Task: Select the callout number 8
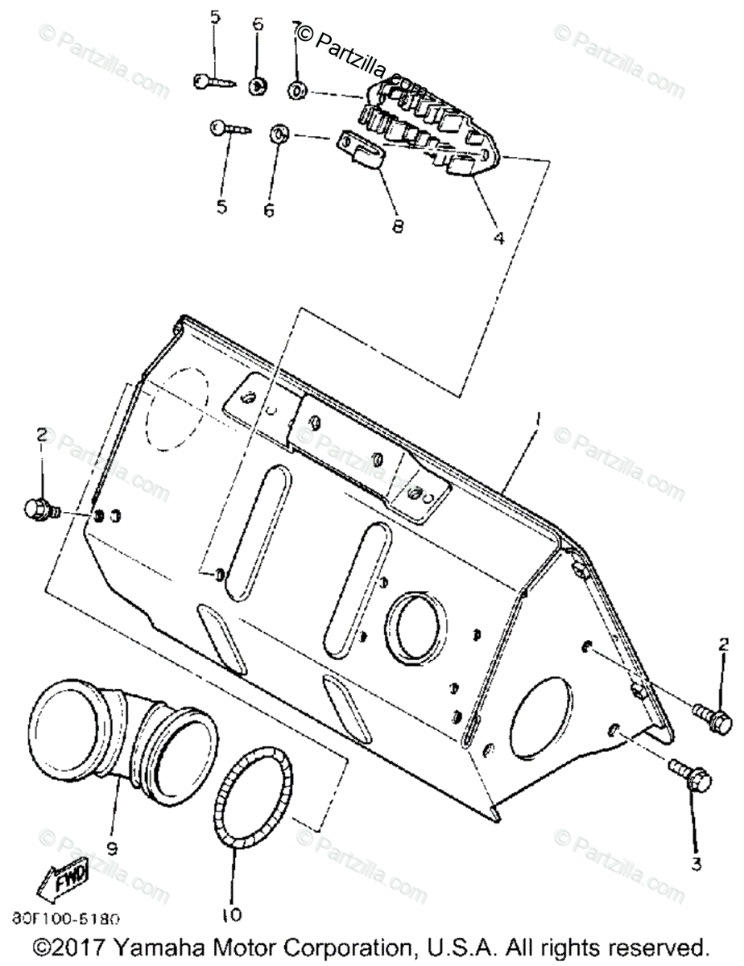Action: tap(396, 226)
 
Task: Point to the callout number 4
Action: tap(498, 238)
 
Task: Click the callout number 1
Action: tap(538, 419)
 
